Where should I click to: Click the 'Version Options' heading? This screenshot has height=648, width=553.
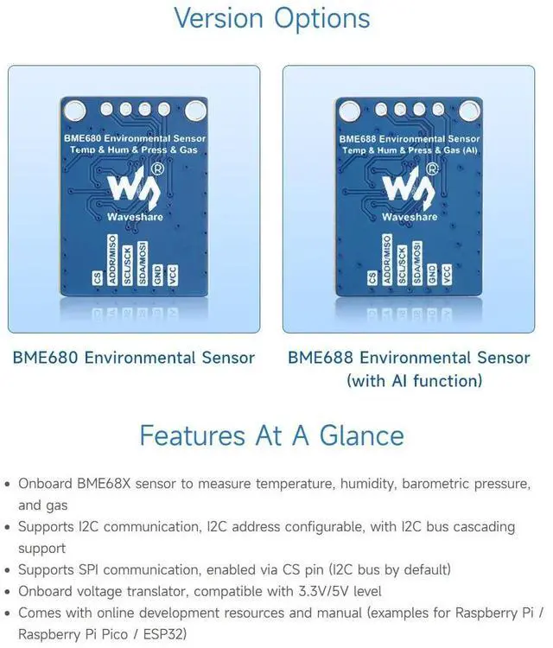[x=271, y=18]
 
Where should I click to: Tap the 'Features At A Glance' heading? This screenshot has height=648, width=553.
[x=271, y=435]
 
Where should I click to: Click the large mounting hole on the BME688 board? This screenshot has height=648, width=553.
[x=351, y=111]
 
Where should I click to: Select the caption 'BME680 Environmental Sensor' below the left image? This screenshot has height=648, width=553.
[x=134, y=358]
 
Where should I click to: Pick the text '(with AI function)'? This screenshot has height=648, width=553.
[x=414, y=381]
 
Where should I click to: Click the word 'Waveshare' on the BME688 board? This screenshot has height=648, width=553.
[x=410, y=217]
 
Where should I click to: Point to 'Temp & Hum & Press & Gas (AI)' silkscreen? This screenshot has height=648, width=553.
[x=410, y=149]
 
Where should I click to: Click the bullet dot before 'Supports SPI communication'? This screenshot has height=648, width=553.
[x=8, y=570]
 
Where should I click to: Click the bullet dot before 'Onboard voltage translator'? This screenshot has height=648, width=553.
[x=8, y=592]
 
